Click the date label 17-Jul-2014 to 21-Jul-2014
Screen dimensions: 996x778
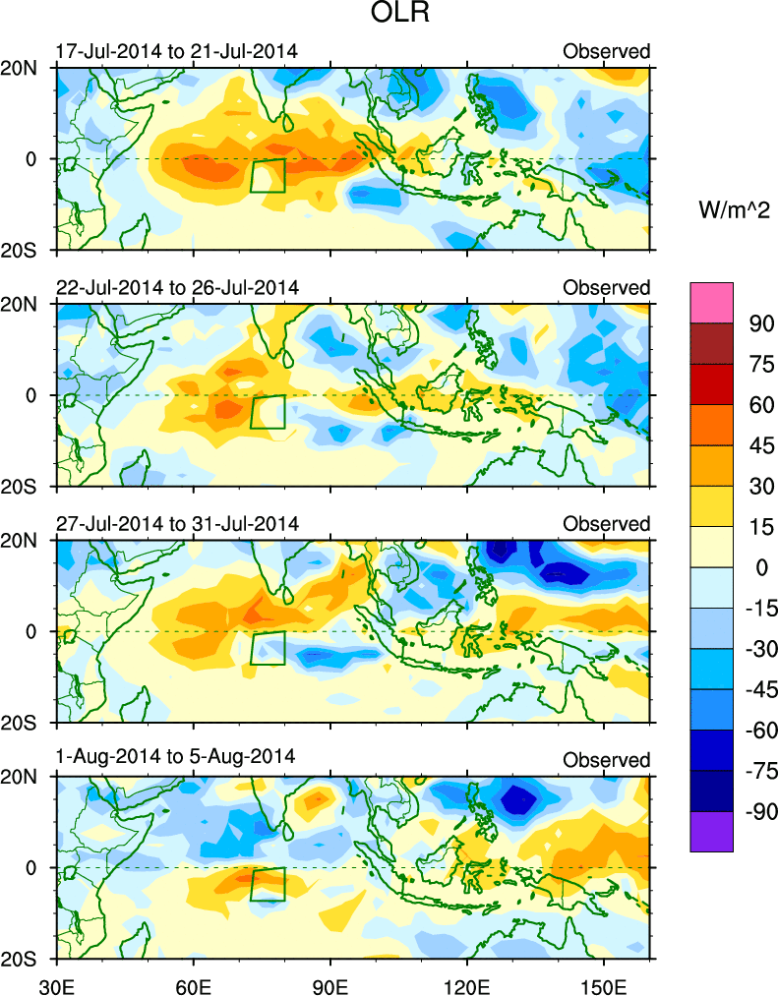[x=177, y=51]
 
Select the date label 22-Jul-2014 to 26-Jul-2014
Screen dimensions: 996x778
[x=177, y=287]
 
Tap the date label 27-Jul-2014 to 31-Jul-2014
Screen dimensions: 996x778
[x=177, y=523]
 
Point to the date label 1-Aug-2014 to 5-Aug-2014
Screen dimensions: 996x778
[x=173, y=759]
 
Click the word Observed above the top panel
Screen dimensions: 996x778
[x=607, y=51]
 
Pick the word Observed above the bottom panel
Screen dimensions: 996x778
[x=607, y=760]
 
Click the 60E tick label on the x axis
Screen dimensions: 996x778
[x=193, y=982]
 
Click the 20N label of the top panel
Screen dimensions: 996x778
[x=29, y=69]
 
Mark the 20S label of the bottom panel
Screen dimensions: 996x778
[x=29, y=960]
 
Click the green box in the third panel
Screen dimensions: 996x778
[x=268, y=648]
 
